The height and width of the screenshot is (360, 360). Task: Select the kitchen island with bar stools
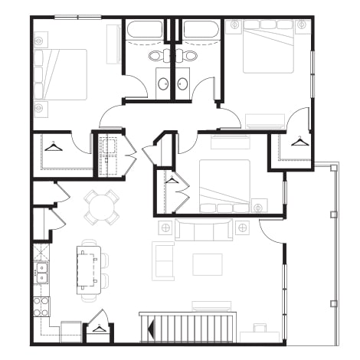(87, 267)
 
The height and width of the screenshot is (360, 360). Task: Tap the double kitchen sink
(41, 272)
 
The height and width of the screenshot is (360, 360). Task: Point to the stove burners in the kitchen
(41, 306)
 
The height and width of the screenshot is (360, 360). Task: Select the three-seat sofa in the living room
(204, 229)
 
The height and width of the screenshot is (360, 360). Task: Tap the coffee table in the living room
(207, 264)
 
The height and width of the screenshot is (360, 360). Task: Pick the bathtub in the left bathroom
(144, 31)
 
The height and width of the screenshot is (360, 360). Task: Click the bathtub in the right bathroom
(201, 31)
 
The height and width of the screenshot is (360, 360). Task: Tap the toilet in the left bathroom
(155, 57)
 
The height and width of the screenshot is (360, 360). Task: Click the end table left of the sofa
(164, 227)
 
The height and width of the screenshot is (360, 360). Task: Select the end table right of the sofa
(243, 227)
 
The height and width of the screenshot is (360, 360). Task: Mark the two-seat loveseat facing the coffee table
(163, 260)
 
